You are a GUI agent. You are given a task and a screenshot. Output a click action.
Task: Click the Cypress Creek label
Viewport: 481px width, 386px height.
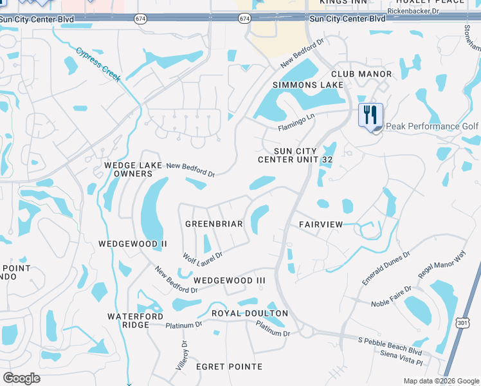[98, 64]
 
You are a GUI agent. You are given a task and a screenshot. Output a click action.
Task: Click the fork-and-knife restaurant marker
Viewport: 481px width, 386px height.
[370, 116]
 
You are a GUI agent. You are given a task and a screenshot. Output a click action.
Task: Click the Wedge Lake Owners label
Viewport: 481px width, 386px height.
[129, 170]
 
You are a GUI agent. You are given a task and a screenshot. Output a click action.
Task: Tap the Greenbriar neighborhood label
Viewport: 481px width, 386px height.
[213, 224]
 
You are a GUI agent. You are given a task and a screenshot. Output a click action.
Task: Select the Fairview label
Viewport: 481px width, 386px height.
[321, 224]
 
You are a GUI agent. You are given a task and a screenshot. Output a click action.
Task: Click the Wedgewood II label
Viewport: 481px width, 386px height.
[132, 244]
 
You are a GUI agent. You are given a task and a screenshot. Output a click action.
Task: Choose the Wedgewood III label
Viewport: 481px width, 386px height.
[230, 280]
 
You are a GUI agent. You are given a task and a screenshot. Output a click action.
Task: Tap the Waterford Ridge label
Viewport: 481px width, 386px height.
[128, 320]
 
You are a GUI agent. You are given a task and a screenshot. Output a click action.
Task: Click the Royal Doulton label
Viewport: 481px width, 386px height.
[250, 313]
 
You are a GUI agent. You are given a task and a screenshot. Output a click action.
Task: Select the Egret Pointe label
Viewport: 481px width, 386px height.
[229, 366]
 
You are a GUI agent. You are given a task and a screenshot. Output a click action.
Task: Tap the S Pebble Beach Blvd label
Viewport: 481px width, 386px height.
[390, 345]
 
